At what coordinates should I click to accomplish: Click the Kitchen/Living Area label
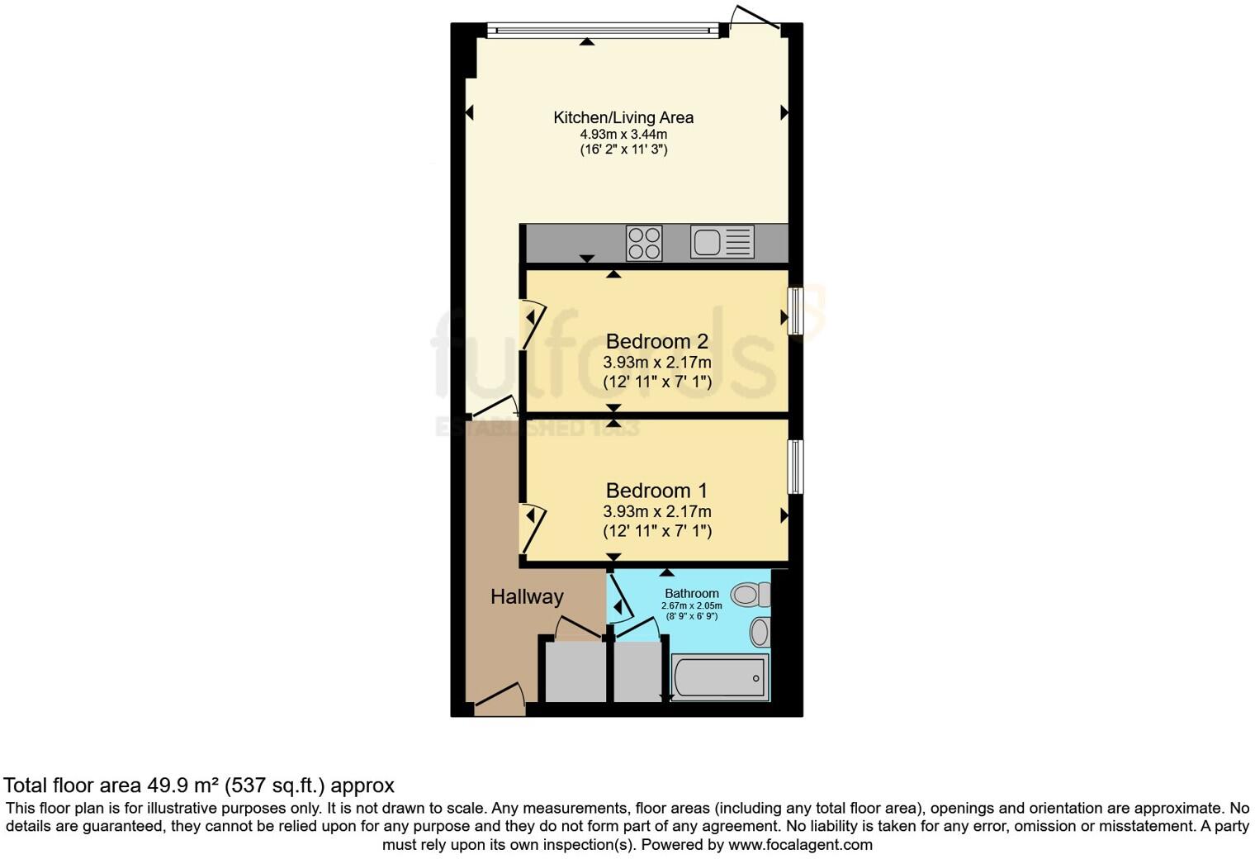(x=623, y=117)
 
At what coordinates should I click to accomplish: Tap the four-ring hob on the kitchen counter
(x=644, y=243)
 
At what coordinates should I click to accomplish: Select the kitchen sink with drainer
(x=722, y=243)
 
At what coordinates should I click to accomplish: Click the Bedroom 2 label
(x=657, y=341)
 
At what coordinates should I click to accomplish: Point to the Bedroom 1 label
(x=657, y=491)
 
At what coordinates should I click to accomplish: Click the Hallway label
(x=527, y=596)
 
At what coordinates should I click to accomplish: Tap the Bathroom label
(x=692, y=593)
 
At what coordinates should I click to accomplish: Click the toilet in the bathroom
(x=751, y=594)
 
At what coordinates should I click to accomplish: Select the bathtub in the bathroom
(x=721, y=677)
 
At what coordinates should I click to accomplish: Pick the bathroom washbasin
(x=760, y=633)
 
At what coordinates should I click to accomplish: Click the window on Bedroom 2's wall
(x=795, y=311)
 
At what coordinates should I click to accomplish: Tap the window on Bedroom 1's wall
(x=795, y=467)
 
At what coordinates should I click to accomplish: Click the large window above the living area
(x=603, y=31)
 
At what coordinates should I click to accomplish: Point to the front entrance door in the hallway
(x=500, y=700)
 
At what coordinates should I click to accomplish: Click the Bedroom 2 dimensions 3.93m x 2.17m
(x=657, y=363)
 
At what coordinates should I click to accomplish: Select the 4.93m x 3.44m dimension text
(x=623, y=135)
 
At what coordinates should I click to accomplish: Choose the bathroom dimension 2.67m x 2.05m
(x=692, y=605)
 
